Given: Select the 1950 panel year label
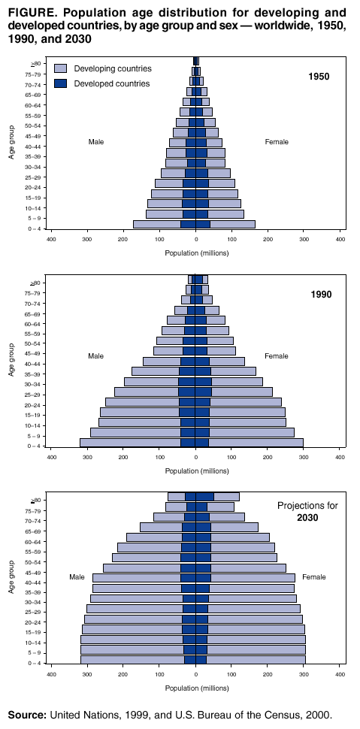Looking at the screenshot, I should [x=319, y=77].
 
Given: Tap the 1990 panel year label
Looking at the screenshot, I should [x=320, y=295].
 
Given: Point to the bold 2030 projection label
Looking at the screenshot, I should [x=307, y=519].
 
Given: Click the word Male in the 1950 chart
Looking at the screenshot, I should [x=95, y=142].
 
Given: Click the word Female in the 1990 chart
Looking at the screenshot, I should [x=276, y=355].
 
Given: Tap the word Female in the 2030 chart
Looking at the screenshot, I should [x=313, y=577].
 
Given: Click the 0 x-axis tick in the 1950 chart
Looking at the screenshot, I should [x=195, y=240].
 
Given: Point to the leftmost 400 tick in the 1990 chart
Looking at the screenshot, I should [x=51, y=458].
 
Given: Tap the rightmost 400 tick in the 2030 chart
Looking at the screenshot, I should [x=340, y=675].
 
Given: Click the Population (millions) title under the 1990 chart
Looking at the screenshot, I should [x=196, y=470].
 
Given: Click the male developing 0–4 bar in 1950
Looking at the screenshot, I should [x=156, y=224].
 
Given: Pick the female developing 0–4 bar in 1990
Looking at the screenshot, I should [x=256, y=442].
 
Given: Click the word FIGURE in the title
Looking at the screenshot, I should [x=29, y=13].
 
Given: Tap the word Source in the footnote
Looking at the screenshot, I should [x=27, y=715].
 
